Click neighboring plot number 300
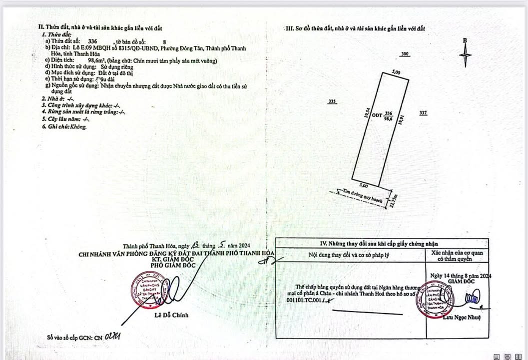pos(405,54)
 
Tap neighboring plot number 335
pos(333,101)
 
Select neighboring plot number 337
pos(423,113)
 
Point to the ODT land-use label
pos(377,114)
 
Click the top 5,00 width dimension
pos(396,72)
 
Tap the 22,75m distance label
pos(395,202)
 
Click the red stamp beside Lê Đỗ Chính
pos(146,290)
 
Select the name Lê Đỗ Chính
pos(171,315)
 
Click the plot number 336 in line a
pos(92,42)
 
